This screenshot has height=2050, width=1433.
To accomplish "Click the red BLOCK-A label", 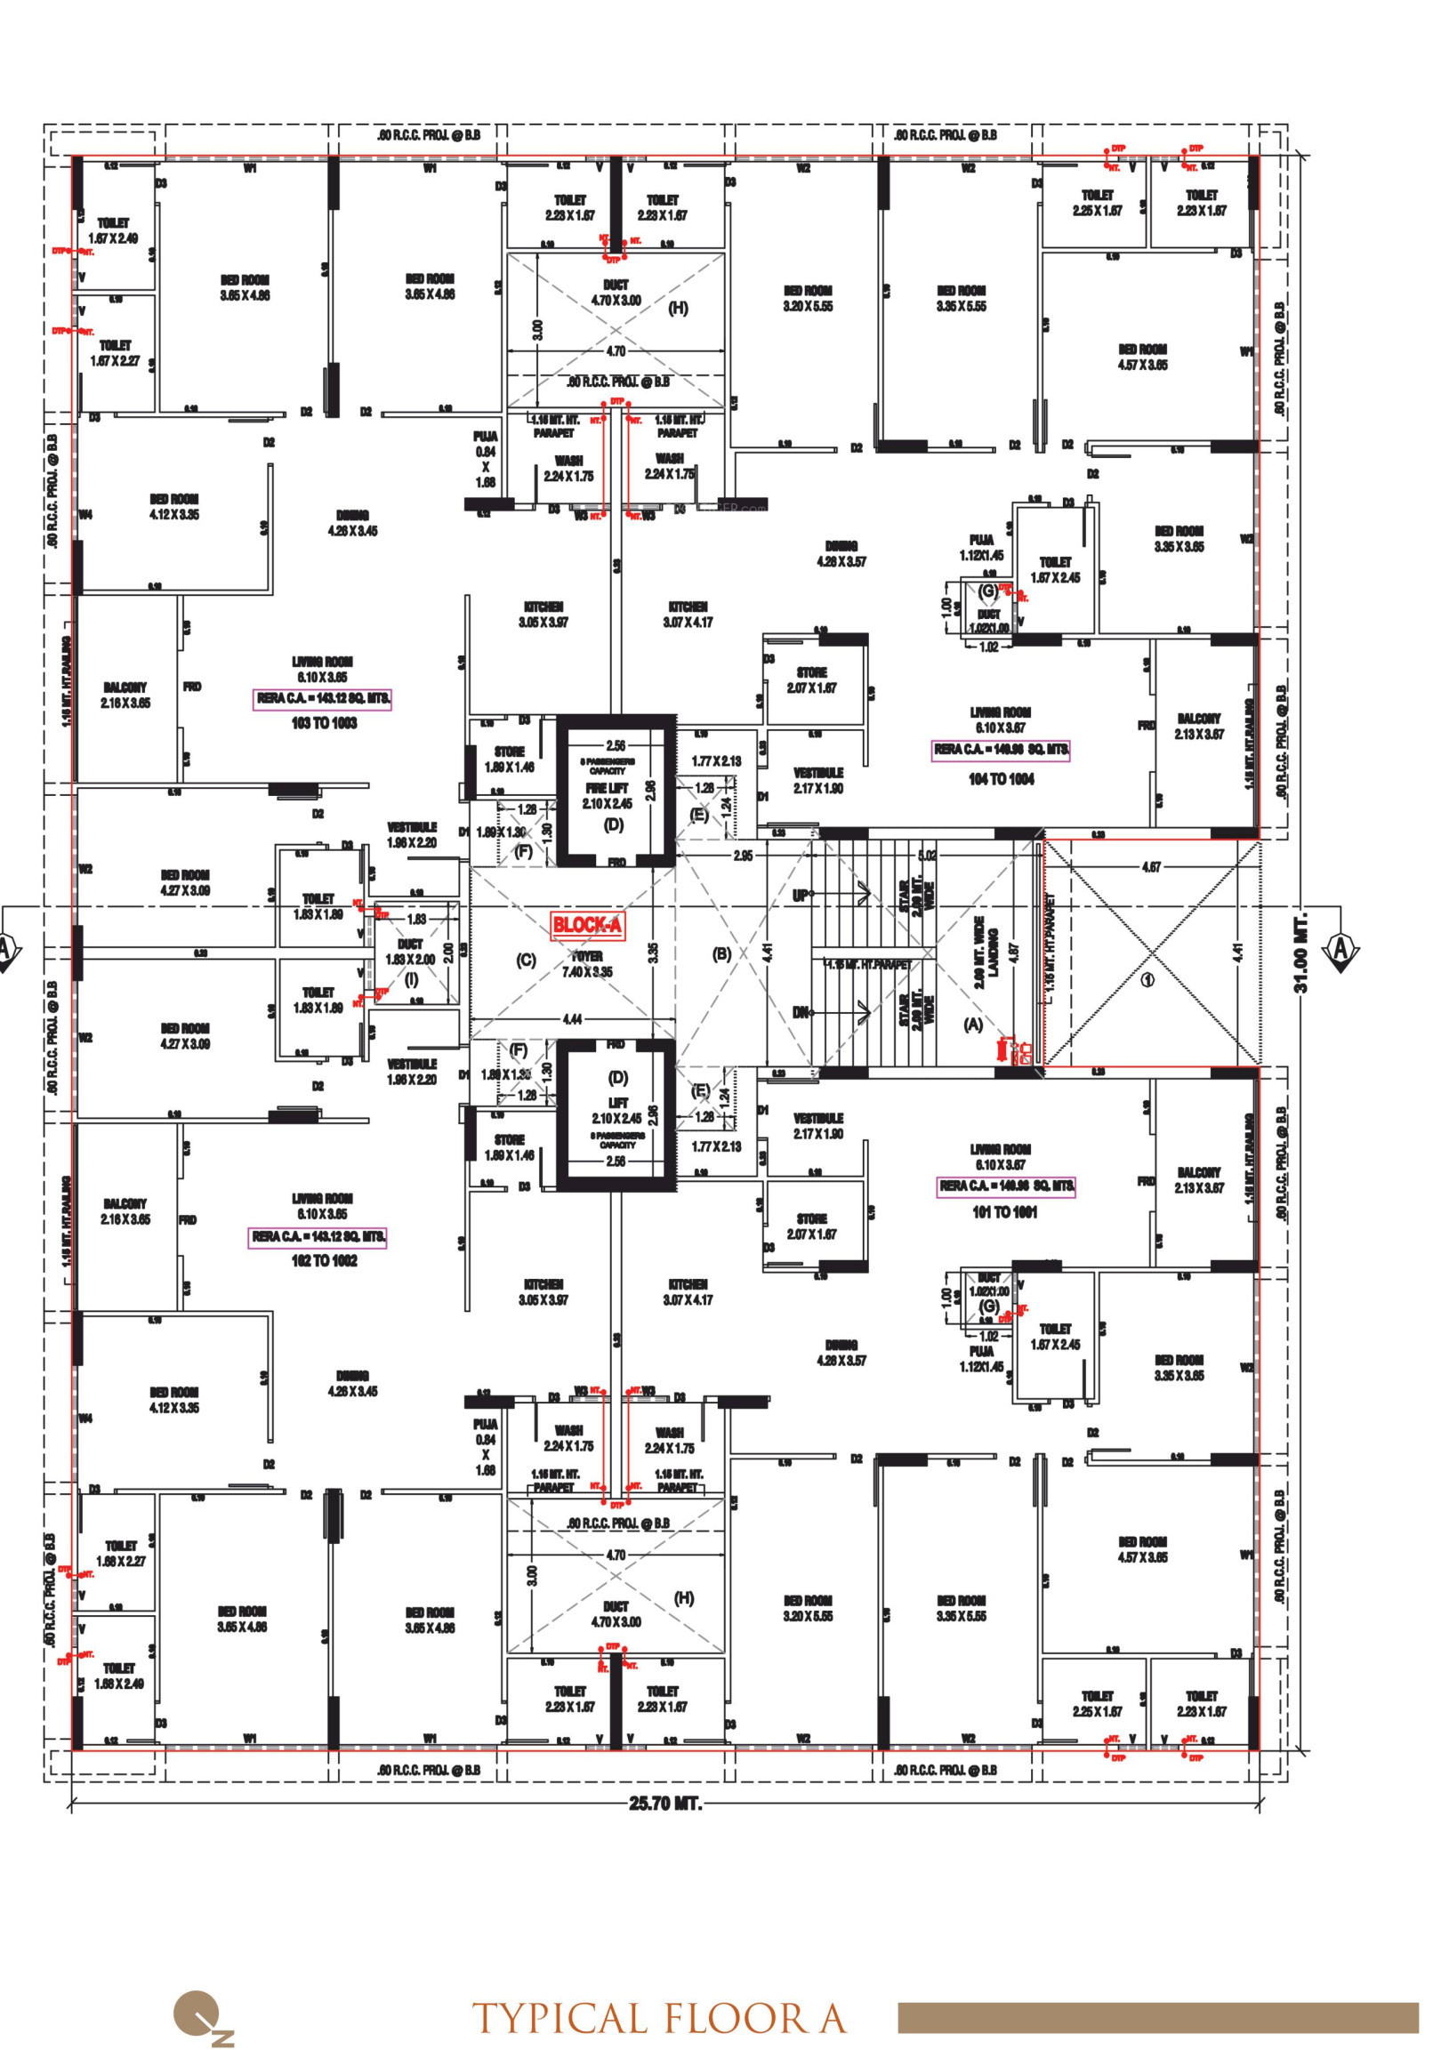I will point(586,925).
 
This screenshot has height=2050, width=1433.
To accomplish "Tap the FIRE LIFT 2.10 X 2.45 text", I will point(608,795).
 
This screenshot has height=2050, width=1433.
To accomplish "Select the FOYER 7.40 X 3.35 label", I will point(586,964).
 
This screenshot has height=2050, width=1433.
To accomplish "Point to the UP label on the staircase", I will point(801,895).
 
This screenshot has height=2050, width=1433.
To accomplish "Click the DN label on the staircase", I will point(801,1012).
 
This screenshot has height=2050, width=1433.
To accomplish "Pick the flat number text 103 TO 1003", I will point(323,723).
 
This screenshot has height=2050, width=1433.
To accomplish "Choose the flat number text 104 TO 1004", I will point(1001,779).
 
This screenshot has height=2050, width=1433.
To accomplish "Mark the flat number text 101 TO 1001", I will point(1004,1212).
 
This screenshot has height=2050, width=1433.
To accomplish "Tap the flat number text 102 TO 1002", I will point(323,1261).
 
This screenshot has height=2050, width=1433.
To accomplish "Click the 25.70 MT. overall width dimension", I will point(665,1804).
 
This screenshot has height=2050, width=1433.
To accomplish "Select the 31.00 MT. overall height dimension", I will point(1300,952).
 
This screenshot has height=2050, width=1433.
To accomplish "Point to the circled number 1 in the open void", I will point(1148,979).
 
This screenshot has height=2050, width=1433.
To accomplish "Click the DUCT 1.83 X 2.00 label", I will point(410,952).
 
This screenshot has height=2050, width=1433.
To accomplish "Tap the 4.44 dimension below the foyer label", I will point(572,1018).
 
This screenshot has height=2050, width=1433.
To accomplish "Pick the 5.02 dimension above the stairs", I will point(928,856).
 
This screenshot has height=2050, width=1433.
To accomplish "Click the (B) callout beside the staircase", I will point(721,953).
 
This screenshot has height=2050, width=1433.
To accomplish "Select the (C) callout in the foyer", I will point(526,960).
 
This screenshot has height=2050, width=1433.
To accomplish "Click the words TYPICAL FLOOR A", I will point(659,2019).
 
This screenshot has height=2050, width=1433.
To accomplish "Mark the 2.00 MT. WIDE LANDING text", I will point(986,952).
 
